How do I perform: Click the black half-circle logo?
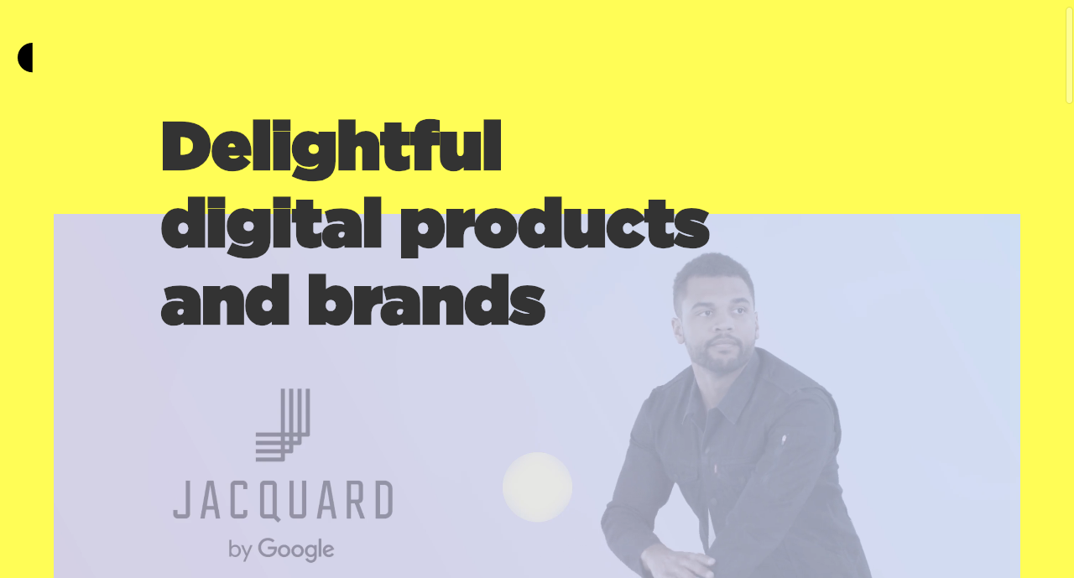tap(25, 58)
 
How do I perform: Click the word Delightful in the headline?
tap(331, 148)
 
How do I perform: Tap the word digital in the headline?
tap(271, 227)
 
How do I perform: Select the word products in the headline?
tap(555, 227)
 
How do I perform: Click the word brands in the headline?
tap(426, 300)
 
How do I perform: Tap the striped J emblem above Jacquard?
tap(283, 425)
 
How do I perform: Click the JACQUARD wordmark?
tap(283, 500)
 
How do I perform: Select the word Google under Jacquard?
tap(296, 549)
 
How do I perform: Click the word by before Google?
tap(240, 550)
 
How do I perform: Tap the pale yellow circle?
tap(538, 487)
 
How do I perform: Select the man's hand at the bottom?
tap(676, 563)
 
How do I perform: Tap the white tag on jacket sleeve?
tap(785, 439)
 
